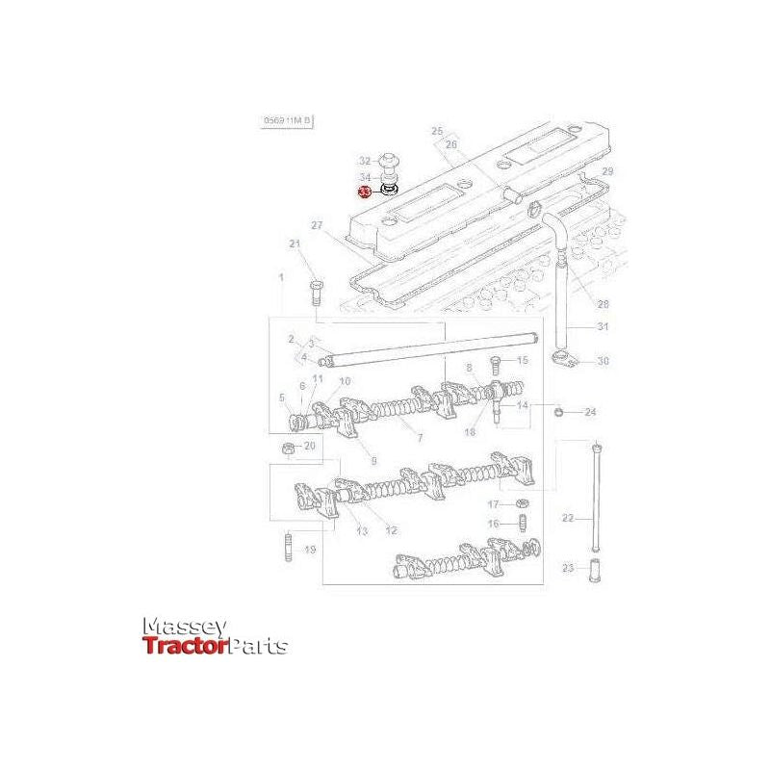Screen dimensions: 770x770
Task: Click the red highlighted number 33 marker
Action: [x=364, y=192]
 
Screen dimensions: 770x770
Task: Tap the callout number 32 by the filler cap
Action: [x=365, y=160]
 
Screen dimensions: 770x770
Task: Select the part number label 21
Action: [x=295, y=244]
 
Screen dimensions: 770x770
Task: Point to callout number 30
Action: [x=603, y=362]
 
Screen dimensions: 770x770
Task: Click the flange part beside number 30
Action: [x=563, y=361]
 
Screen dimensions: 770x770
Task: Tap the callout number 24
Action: [x=591, y=412]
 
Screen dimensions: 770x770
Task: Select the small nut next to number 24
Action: [x=560, y=412]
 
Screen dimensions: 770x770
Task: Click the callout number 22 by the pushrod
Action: [x=568, y=518]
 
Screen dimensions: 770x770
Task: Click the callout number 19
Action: [x=310, y=550]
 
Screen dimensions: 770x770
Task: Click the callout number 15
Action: [x=523, y=360]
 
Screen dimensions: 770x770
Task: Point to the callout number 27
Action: [x=316, y=225]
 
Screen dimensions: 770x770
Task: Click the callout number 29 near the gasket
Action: [x=606, y=170]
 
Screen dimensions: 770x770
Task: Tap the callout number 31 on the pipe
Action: [x=603, y=327]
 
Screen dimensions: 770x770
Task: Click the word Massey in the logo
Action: [x=185, y=627]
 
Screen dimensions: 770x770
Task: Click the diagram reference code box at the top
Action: [x=288, y=121]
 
